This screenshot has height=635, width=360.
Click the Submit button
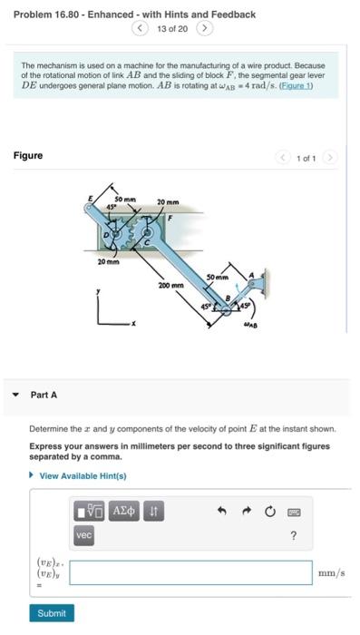point(51,613)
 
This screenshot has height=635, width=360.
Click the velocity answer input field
point(190,572)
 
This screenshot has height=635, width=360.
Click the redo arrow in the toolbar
point(245,513)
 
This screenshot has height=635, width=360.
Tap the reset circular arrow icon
point(269,513)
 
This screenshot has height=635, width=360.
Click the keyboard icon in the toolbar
point(294,513)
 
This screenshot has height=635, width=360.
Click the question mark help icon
point(293,536)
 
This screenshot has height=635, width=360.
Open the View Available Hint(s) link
point(83,476)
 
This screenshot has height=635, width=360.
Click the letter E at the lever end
point(89,197)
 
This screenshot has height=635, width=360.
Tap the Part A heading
point(44,395)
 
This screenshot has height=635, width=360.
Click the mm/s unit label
point(332,572)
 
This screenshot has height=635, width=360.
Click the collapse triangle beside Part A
point(15,395)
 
